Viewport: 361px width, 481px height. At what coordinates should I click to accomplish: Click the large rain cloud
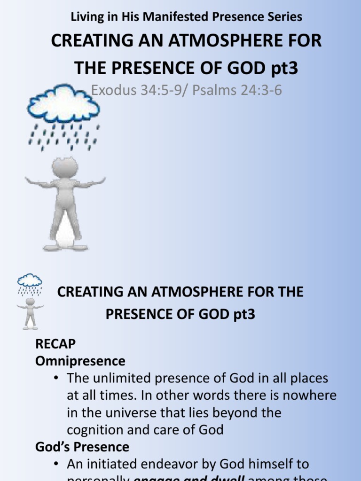[x=63, y=103]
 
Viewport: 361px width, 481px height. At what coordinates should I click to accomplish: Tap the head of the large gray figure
[x=65, y=167]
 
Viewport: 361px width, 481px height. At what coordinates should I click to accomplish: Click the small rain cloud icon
[x=30, y=281]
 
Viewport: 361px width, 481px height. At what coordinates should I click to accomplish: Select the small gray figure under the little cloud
[x=30, y=312]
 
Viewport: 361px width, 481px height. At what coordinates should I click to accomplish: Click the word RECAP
[x=55, y=344]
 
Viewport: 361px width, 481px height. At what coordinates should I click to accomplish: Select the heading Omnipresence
[x=80, y=361]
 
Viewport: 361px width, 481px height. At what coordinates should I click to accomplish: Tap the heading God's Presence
[x=82, y=447]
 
